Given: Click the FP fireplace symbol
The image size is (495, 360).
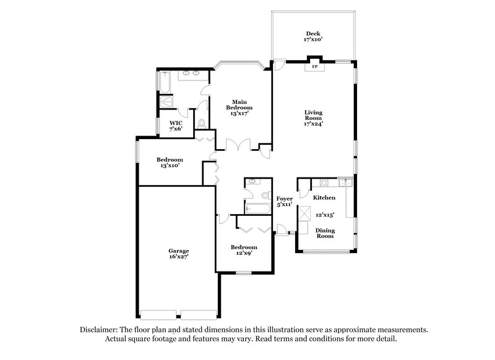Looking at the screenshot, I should (x=314, y=66).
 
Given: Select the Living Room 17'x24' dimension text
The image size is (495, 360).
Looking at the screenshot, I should (x=314, y=123).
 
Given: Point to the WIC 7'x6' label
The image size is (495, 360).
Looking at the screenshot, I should (x=176, y=126).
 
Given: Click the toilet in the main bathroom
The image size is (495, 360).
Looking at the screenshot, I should (x=202, y=124).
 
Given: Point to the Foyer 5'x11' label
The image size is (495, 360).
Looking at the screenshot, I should (x=284, y=202).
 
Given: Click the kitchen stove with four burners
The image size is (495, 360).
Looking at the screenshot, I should (x=323, y=184).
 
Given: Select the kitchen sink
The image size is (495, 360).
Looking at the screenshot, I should (x=345, y=183).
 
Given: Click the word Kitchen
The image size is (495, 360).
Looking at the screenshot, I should (x=324, y=198).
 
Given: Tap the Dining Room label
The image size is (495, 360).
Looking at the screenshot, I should (x=325, y=232).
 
